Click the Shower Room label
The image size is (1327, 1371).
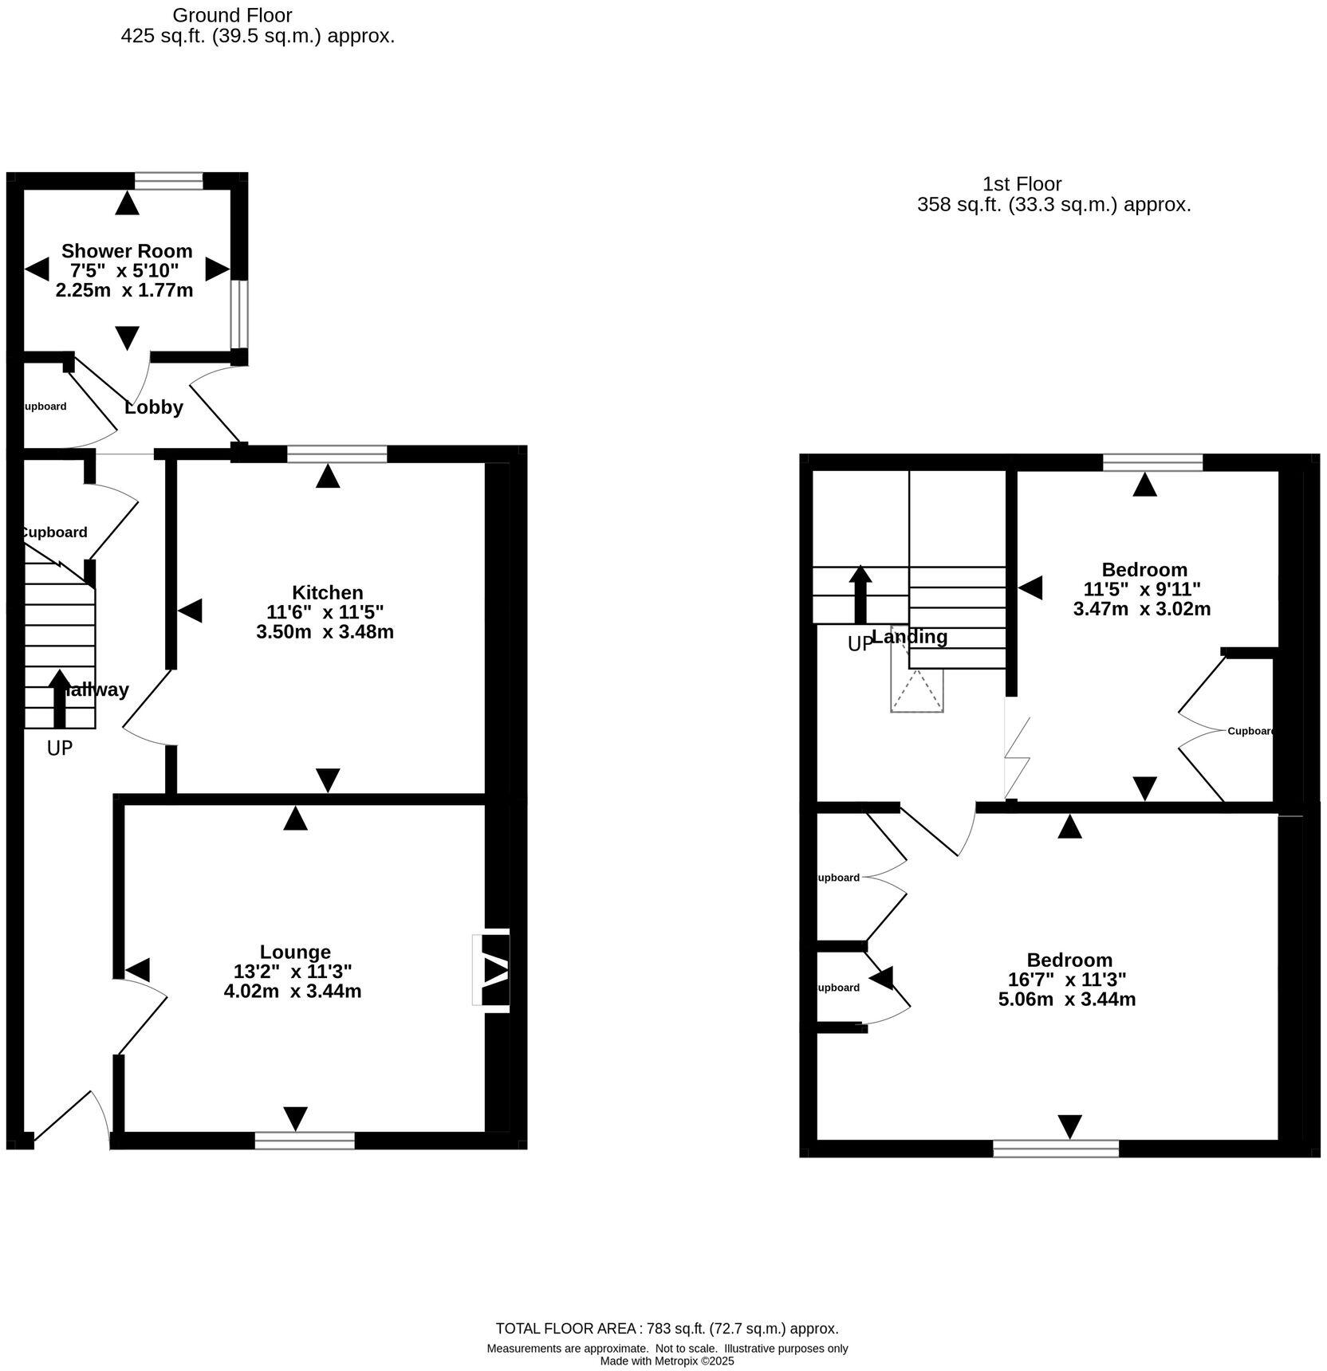click(127, 251)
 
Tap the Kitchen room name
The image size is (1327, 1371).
click(327, 592)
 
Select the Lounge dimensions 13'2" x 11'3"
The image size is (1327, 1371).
click(293, 971)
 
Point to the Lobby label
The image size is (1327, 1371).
click(154, 407)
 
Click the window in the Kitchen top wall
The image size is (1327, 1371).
click(337, 454)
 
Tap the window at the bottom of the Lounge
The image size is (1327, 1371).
click(305, 1141)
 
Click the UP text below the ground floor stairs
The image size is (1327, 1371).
click(60, 748)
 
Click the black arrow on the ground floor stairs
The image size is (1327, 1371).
click(59, 698)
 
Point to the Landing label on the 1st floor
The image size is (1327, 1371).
click(910, 637)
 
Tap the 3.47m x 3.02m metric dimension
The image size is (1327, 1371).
click(1142, 609)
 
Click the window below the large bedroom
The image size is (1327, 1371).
click(1056, 1149)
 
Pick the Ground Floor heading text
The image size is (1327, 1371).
click(232, 15)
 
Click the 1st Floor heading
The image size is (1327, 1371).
click(1022, 184)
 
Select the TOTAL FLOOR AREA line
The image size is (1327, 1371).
click(667, 1329)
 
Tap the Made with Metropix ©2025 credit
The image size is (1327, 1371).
click(667, 1361)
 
